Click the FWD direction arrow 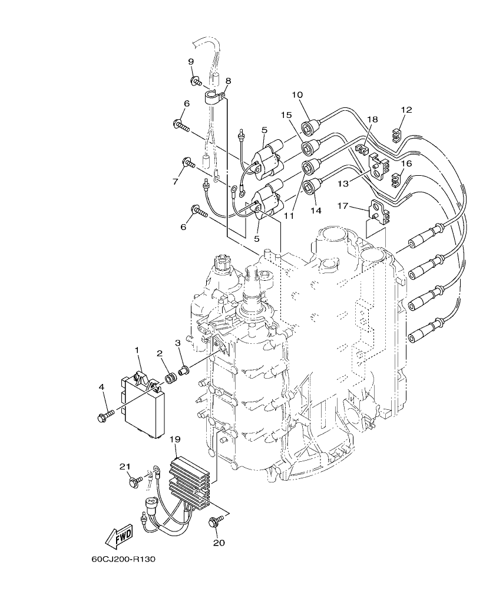coord(118,536)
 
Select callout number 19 coord(174,439)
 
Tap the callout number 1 coord(137,350)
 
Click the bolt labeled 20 coord(216,521)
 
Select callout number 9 coord(191,62)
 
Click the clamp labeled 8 coord(216,97)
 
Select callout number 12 coord(406,110)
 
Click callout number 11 coord(289,216)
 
